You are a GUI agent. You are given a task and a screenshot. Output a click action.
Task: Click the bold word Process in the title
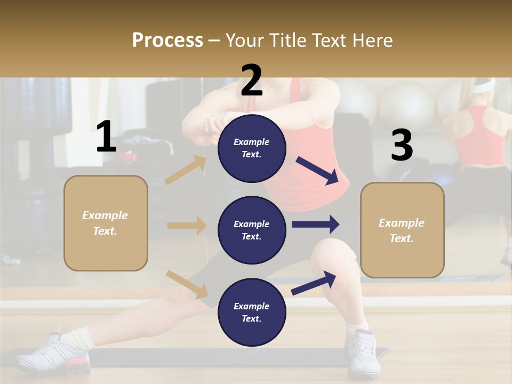pyautogui.click(x=167, y=40)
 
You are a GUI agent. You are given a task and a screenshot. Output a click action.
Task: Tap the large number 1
pyautogui.click(x=106, y=137)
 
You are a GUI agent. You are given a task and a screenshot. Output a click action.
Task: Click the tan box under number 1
pyautogui.click(x=106, y=223)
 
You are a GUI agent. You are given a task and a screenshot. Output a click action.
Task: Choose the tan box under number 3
pyautogui.click(x=402, y=230)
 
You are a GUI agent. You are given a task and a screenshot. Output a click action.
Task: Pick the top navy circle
pyautogui.click(x=252, y=148)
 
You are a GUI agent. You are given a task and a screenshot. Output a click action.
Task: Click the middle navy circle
pyautogui.click(x=252, y=230)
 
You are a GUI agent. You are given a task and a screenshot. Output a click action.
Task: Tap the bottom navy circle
pyautogui.click(x=252, y=312)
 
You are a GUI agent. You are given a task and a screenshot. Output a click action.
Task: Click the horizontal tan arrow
pyautogui.click(x=187, y=226)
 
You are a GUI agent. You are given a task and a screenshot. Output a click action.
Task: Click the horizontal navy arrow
pyautogui.click(x=316, y=224)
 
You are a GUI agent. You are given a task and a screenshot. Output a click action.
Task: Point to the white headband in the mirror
pyautogui.click(x=482, y=84)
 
